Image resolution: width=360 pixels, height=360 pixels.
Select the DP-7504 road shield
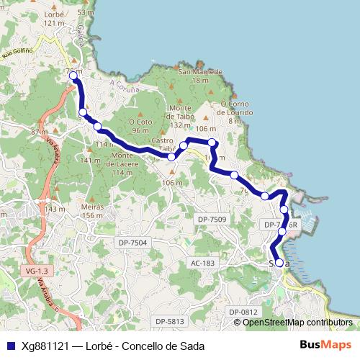pyautogui.click(x=132, y=243)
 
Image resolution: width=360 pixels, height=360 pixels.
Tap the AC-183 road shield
pyautogui.click(x=203, y=264)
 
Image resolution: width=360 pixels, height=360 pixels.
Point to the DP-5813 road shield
pyautogui.click(x=170, y=321)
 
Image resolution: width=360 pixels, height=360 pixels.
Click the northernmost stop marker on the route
pyautogui.click(x=73, y=75)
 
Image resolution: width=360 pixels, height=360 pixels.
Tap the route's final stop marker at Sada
pyautogui.click(x=279, y=263)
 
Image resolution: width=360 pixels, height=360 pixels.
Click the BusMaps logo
pyautogui.click(x=325, y=345)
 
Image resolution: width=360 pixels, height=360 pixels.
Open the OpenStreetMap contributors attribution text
pyautogui.click(x=297, y=323)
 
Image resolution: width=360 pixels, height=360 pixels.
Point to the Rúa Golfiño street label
pyautogui.click(x=18, y=53)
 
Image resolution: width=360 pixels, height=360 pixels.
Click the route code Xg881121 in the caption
pyautogui.click(x=45, y=346)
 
